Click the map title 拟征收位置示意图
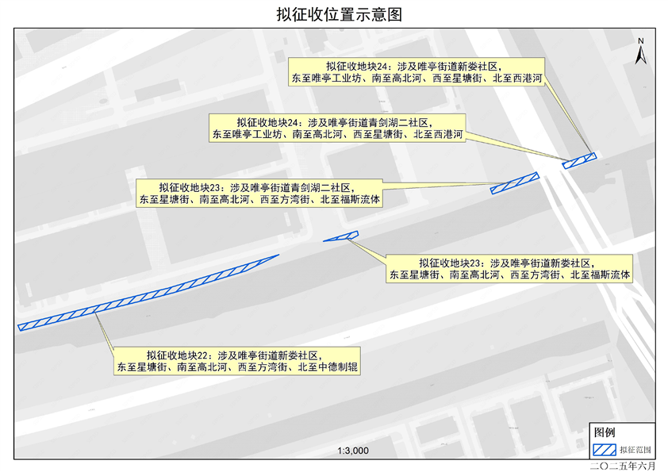tap(334, 15)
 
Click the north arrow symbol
tap(643, 55)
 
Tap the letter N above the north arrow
tap(643, 40)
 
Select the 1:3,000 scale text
tap(353, 451)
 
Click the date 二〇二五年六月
tap(624, 466)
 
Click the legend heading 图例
tap(605, 432)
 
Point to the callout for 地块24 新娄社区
tap(416, 71)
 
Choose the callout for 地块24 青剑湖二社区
tap(336, 129)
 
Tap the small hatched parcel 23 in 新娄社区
tap(342, 236)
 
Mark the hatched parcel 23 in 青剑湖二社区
tap(515, 183)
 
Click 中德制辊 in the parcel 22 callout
tap(338, 368)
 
